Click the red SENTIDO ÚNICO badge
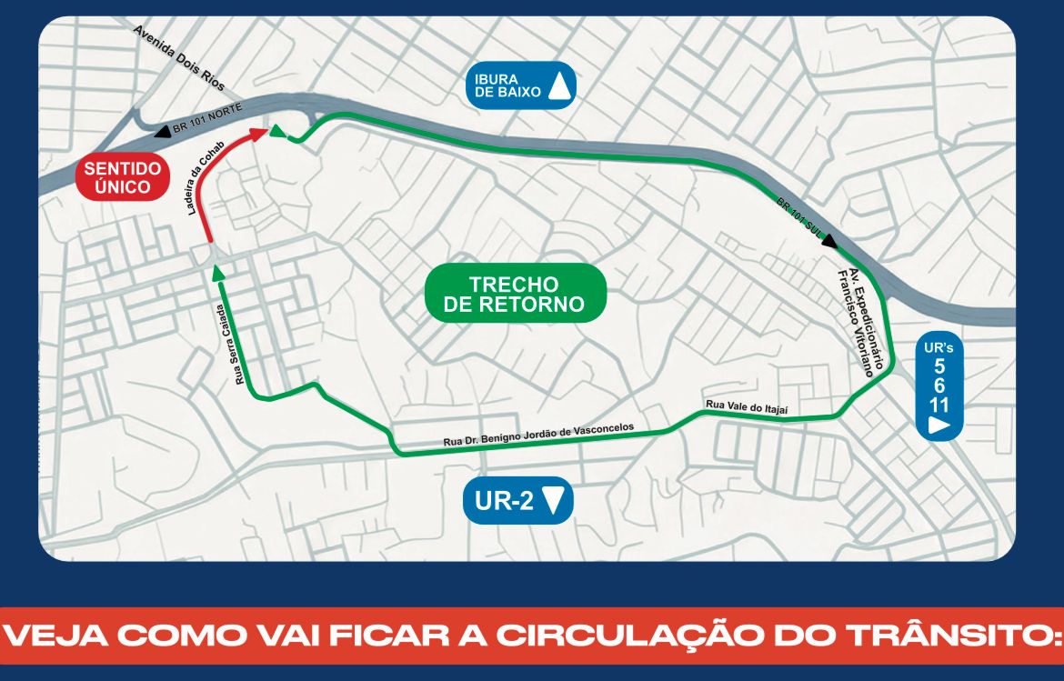tap(122, 177)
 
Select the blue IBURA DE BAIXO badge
tap(520, 85)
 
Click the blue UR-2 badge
tap(518, 500)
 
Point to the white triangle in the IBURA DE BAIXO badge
tap(560, 85)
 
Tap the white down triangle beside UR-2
tap(554, 500)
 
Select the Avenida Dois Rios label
tap(179, 57)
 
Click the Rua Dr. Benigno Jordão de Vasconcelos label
tap(537, 435)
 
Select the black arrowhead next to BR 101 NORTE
tap(162, 132)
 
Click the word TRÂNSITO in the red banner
tap(946, 636)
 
